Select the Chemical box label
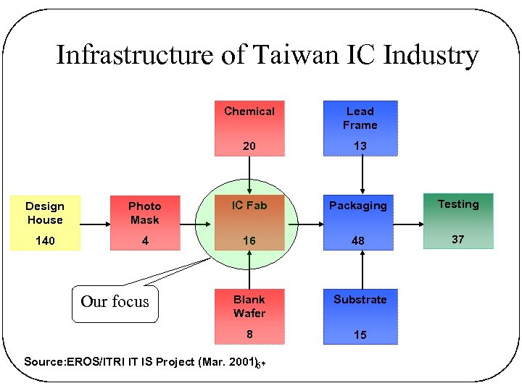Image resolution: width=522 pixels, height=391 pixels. [x=249, y=112]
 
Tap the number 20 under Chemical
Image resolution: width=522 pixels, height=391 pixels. [x=249, y=146]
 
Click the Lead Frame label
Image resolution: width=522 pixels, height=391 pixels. [x=360, y=118]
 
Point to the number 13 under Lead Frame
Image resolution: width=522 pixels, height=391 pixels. [x=360, y=146]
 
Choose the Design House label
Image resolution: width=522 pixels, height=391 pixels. [x=45, y=213]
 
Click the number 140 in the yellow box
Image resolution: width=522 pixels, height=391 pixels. [x=45, y=240]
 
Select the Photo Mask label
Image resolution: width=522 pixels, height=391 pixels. [x=145, y=213]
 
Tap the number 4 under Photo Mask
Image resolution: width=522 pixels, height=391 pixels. [x=145, y=240]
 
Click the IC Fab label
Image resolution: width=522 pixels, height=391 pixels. [x=249, y=206]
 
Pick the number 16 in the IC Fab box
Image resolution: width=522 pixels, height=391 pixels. [x=249, y=240]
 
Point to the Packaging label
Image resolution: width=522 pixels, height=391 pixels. [x=358, y=206]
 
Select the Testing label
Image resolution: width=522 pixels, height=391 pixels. [x=458, y=204]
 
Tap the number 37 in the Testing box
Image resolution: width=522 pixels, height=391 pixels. [x=458, y=239]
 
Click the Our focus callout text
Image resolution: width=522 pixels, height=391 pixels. [x=115, y=302]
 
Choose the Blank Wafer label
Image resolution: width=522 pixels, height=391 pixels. [x=249, y=306]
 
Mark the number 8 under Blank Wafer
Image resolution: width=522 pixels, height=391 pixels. [x=249, y=335]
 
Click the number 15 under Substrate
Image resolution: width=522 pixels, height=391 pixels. [x=360, y=335]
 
